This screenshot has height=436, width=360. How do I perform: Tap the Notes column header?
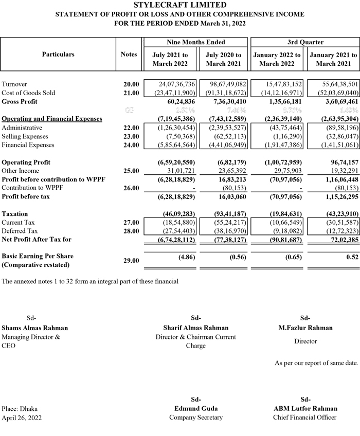(129, 54)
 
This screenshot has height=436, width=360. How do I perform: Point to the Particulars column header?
(58, 54)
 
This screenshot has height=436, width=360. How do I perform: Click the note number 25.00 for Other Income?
(131, 171)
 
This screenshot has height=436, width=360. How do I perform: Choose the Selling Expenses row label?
(25, 136)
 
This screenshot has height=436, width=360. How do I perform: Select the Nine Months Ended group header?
(196, 42)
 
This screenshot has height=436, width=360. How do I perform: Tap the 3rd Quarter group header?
(305, 42)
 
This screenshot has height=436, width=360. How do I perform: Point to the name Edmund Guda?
(196, 409)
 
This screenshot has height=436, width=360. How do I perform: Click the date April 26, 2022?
(22, 417)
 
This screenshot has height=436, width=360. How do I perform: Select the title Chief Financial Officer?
(305, 417)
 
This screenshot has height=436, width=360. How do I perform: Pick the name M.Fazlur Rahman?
(305, 328)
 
